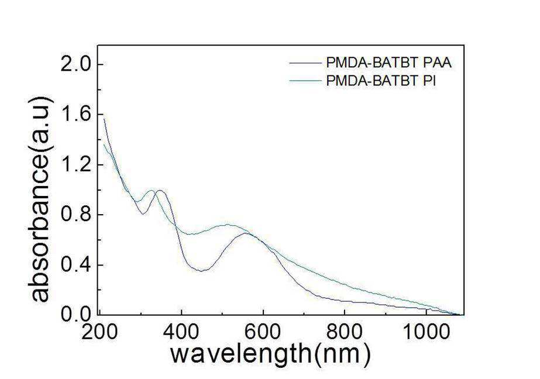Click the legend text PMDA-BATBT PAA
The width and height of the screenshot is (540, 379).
389,63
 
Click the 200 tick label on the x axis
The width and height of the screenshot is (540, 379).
99,332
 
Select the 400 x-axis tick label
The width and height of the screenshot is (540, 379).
181,332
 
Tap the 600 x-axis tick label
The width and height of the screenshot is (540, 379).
263,332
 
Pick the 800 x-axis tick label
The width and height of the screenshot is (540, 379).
345,332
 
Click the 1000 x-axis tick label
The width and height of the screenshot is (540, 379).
426,332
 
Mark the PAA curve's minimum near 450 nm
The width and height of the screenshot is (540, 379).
201,271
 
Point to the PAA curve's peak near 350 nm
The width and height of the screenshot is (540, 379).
160,190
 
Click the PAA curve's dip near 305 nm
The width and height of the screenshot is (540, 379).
143,213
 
